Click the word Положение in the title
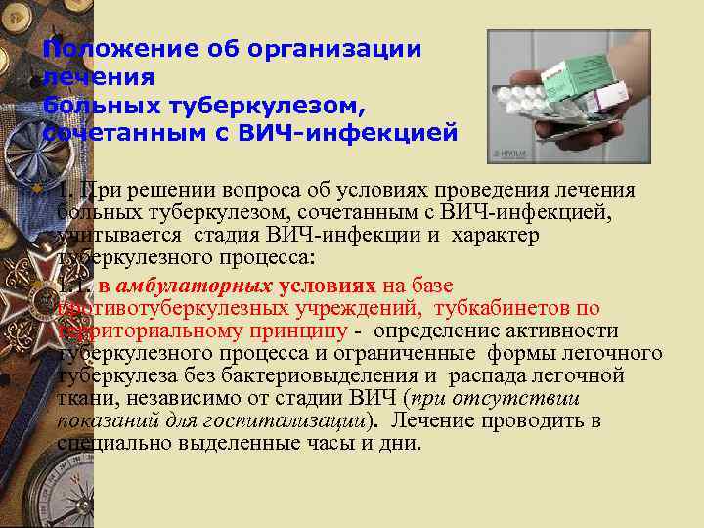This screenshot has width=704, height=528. (105, 49)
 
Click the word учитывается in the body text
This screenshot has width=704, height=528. (116, 236)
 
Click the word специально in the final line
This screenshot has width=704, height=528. (107, 443)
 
